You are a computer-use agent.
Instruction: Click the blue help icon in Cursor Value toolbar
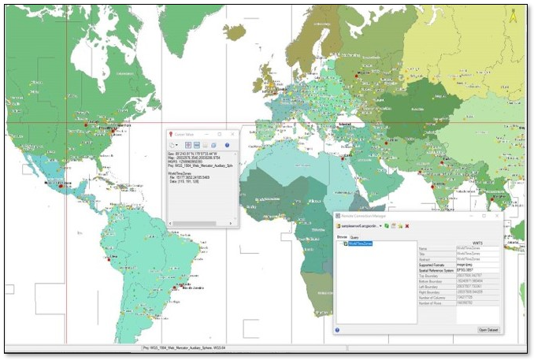click(x=227, y=146)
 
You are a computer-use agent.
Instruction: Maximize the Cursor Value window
click(x=220, y=135)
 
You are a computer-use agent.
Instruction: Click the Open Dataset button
click(x=488, y=329)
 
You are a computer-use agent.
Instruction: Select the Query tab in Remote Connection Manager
click(x=355, y=237)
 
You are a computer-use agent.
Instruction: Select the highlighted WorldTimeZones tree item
click(x=362, y=244)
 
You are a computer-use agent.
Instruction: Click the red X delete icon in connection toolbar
click(x=407, y=226)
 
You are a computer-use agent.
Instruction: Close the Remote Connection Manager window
click(x=497, y=215)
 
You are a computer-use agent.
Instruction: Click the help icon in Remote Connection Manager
click(x=338, y=330)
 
